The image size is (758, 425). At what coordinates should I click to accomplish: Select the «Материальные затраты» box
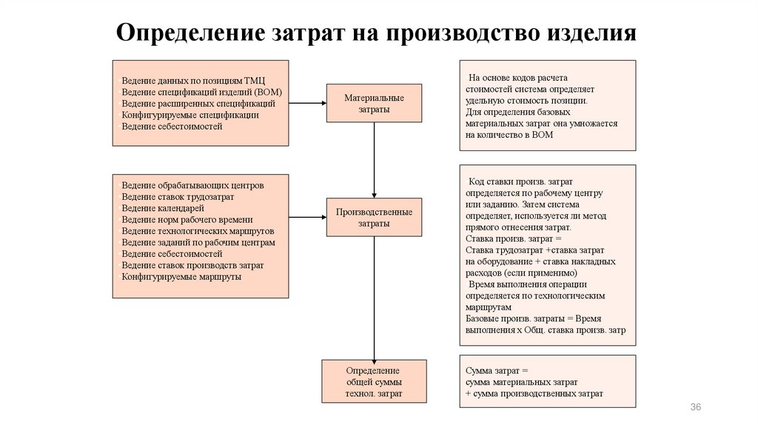click(374, 104)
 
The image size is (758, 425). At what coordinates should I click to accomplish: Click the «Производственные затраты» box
click(374, 217)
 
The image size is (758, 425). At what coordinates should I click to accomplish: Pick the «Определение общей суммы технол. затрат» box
click(374, 381)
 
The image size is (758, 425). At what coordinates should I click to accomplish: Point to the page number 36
click(695, 408)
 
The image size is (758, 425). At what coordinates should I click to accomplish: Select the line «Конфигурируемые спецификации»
click(190, 115)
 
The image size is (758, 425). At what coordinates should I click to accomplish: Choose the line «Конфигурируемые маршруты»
click(181, 276)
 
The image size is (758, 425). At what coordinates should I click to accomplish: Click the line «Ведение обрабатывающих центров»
click(193, 185)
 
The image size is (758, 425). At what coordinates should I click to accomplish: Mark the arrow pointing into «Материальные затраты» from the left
click(307, 103)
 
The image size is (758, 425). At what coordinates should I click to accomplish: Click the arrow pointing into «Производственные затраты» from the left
click(307, 217)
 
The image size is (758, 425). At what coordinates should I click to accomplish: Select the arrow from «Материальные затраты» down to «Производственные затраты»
click(374, 159)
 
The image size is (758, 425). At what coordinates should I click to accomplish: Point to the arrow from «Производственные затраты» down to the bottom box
click(374, 296)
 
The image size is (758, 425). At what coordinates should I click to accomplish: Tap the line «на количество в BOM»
click(509, 135)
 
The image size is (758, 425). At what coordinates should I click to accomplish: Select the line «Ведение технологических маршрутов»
click(198, 231)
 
